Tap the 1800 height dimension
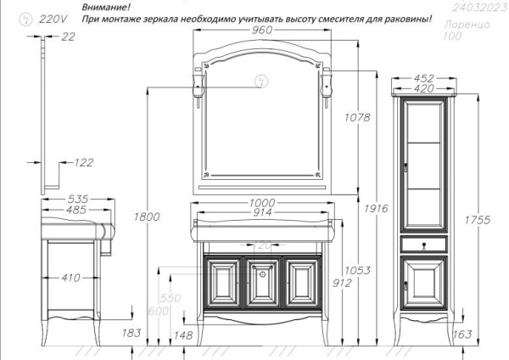[147, 217]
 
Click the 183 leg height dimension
[131, 334]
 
